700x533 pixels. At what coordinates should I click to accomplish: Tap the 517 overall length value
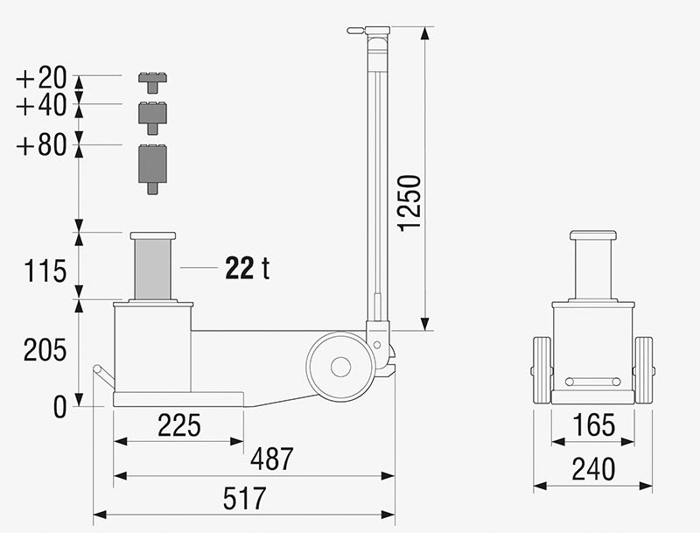point(244,499)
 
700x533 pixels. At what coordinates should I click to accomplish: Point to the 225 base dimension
point(178,425)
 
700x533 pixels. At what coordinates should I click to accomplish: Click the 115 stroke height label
point(45,271)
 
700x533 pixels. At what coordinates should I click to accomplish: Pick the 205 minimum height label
point(45,350)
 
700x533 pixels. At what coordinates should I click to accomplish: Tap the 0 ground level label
point(59,407)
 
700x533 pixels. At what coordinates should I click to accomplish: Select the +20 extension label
point(41,78)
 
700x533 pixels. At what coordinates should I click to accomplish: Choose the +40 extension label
point(41,106)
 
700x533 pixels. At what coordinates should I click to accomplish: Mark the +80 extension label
point(41,144)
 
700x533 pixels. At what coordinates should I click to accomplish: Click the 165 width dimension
point(593,426)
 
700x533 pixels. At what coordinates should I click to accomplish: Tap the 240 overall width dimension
point(593,470)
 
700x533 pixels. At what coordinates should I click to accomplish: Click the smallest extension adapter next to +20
point(152,81)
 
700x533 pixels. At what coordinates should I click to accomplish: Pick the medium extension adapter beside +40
point(152,116)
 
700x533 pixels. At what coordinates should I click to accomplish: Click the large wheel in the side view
point(340,366)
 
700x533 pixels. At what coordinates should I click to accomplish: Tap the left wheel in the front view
point(542,370)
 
